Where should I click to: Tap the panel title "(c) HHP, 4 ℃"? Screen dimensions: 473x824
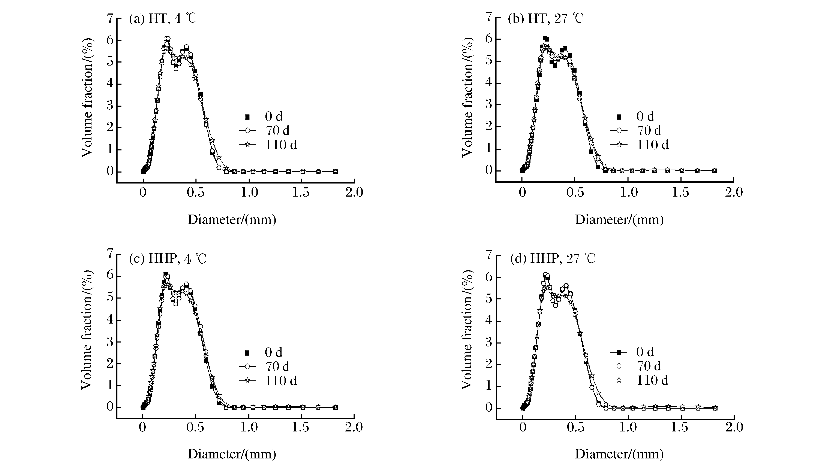(167, 259)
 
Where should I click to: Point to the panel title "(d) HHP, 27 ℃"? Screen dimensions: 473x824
(553, 259)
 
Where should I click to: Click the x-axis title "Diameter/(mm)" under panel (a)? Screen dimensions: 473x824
(232, 220)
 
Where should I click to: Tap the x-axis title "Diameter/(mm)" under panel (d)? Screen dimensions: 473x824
(619, 454)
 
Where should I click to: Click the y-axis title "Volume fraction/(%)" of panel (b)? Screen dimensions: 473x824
(467, 97)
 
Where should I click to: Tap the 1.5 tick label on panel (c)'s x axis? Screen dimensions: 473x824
(300, 427)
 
